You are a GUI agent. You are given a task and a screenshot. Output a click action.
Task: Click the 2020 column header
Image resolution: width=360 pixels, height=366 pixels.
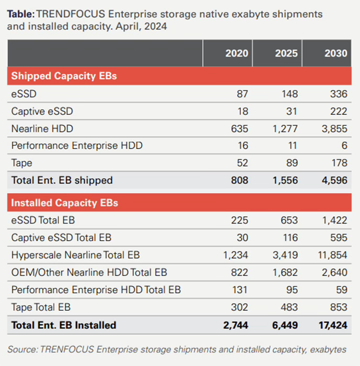pyautogui.click(x=237, y=54)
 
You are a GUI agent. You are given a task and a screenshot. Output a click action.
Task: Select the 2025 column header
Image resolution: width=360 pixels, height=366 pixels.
pyautogui.click(x=286, y=54)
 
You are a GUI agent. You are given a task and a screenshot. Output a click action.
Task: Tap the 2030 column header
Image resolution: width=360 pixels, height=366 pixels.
pyautogui.click(x=336, y=54)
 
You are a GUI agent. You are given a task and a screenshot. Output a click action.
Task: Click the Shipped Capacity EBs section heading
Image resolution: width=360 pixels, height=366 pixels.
pyautogui.click(x=64, y=76)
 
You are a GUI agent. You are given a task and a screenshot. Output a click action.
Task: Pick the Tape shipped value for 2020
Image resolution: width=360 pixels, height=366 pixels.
pyautogui.click(x=242, y=163)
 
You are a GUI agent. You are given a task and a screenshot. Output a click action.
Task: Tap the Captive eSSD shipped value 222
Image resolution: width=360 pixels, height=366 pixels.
pyautogui.click(x=339, y=111)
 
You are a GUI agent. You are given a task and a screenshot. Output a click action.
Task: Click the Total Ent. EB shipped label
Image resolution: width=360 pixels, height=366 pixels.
pyautogui.click(x=62, y=181)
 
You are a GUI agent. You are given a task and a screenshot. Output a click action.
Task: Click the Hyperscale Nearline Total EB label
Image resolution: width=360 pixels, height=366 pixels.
pyautogui.click(x=75, y=255)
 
